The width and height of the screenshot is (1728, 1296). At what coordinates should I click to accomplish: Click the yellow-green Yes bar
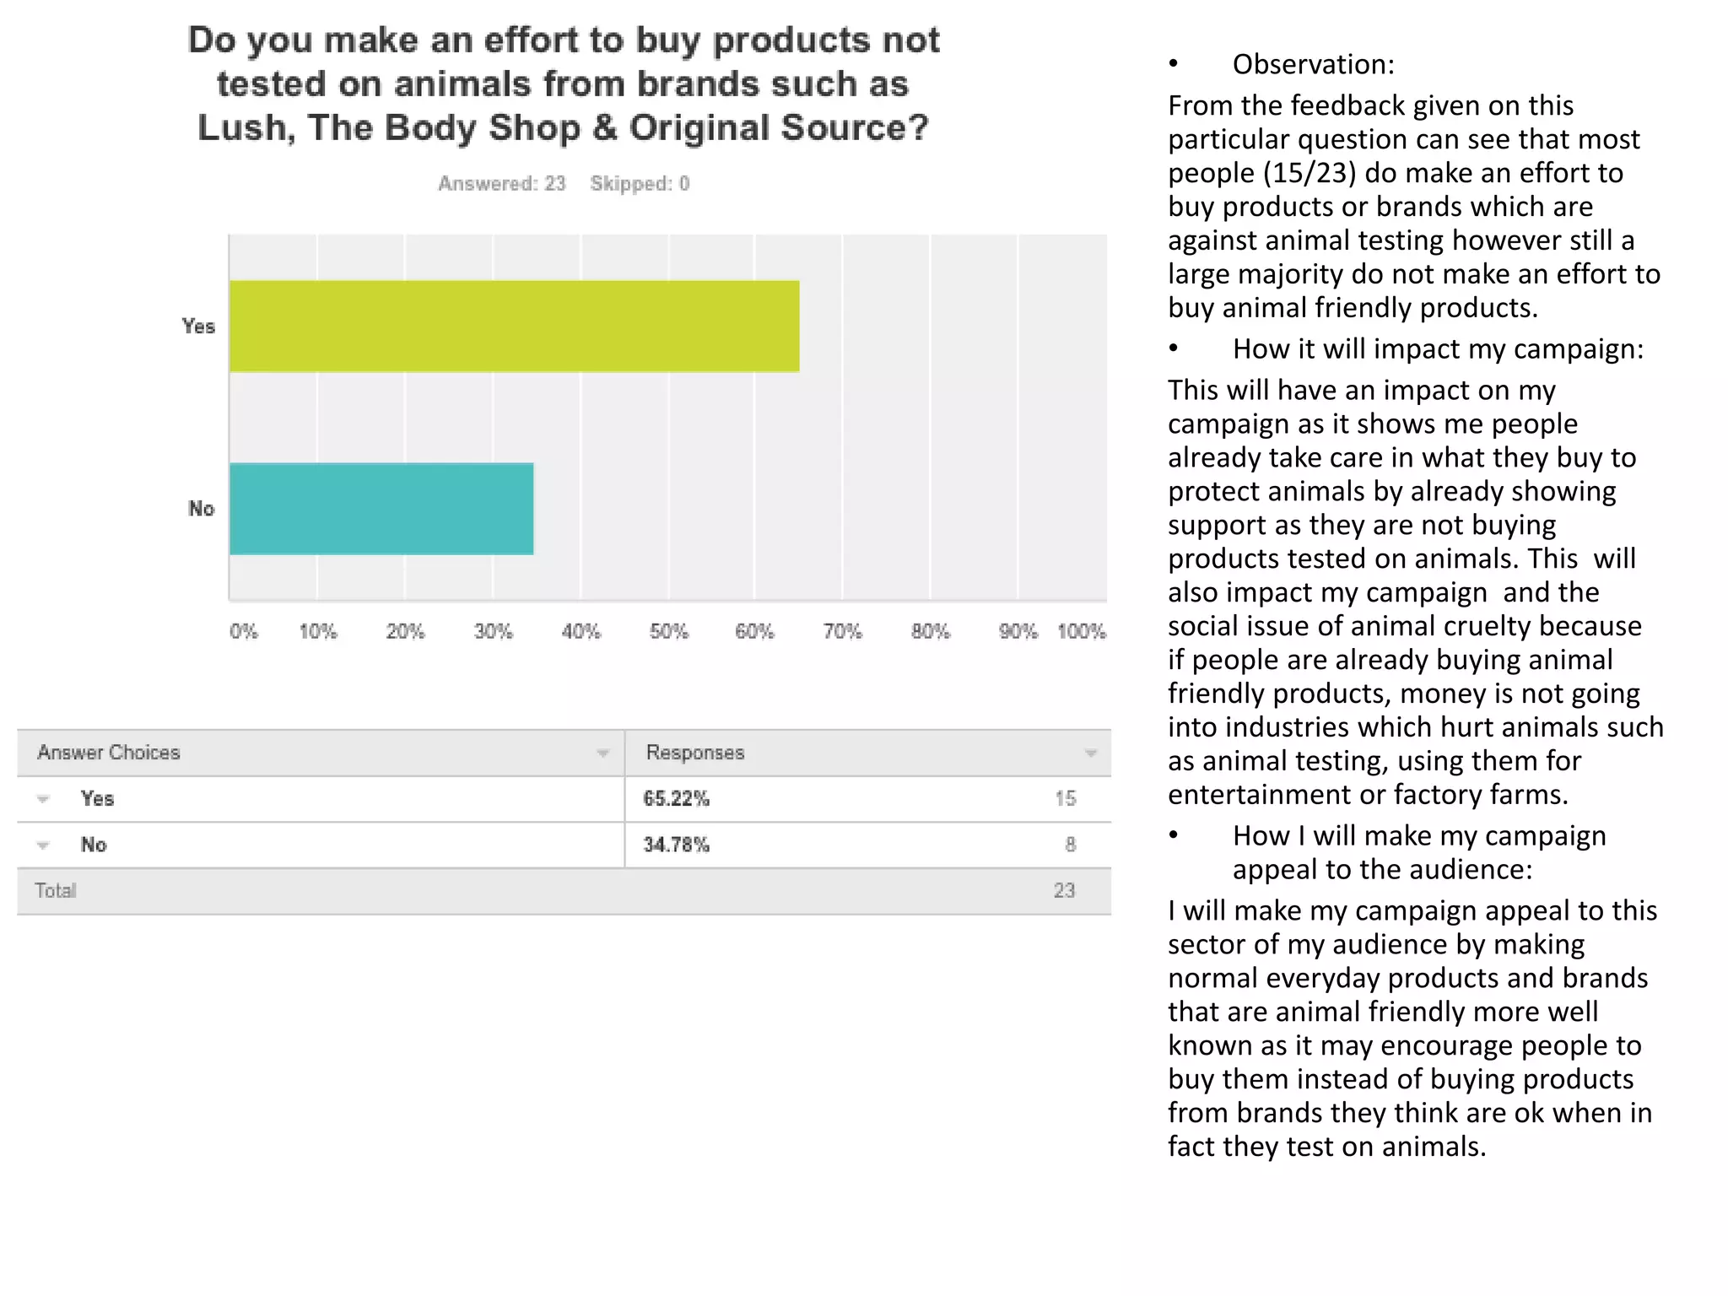[514, 326]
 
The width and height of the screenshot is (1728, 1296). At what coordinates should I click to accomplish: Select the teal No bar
[381, 508]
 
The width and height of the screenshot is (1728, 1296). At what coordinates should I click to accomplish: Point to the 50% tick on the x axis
[668, 631]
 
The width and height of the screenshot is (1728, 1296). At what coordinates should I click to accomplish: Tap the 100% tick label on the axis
[1081, 631]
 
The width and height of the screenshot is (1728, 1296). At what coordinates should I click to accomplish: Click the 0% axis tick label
[244, 631]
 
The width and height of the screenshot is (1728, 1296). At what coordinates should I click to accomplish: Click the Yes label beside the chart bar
[198, 326]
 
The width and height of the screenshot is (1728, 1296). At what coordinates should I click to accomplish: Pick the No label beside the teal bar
[201, 508]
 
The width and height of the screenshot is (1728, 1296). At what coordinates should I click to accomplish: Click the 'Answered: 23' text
[501, 183]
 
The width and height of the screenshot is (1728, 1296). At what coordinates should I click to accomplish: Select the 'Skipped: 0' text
[640, 183]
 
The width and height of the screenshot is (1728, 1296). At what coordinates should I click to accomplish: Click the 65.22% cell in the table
[676, 798]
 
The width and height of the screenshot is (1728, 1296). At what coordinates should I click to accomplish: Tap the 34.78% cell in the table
[676, 845]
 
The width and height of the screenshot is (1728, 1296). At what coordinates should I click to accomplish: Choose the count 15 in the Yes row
[1065, 798]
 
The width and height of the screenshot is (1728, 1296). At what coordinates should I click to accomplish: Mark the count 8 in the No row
[1070, 845]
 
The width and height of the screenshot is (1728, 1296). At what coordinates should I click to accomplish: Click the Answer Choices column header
[109, 752]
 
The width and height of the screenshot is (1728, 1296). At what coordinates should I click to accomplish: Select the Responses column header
[695, 752]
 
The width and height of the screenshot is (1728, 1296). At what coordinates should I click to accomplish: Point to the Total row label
[56, 890]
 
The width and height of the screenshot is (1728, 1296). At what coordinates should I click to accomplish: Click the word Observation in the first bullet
[1313, 64]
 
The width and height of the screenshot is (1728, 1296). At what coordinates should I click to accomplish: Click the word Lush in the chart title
[241, 127]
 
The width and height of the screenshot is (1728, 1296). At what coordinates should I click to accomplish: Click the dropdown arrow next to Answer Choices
[602, 753]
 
